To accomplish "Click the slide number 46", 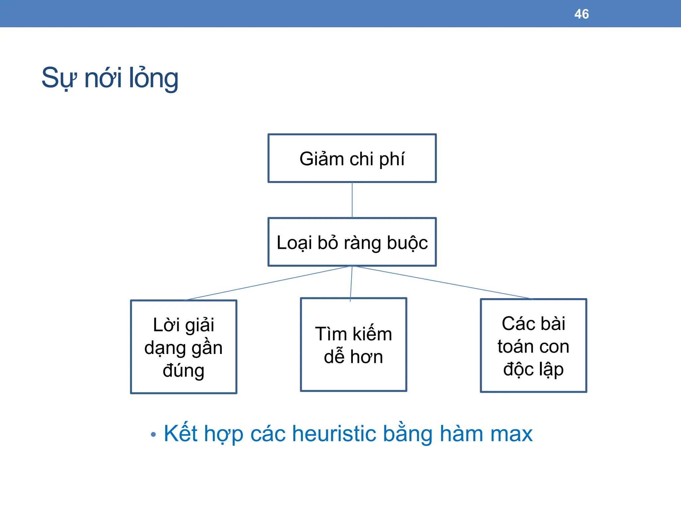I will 581,14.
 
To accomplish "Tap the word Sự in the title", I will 59,79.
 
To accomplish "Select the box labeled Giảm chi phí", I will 352,158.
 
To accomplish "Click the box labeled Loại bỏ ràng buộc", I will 352,242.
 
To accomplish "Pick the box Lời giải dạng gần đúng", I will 184,347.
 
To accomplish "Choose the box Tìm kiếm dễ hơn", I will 353,345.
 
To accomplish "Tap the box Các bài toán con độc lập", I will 533,346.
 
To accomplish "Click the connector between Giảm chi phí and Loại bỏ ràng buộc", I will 352,200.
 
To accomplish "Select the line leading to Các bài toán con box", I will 442,282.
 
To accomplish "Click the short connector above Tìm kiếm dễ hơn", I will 351,283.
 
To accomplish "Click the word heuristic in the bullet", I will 334,434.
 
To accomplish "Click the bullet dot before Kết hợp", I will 153,434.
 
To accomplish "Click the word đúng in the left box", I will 183,371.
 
